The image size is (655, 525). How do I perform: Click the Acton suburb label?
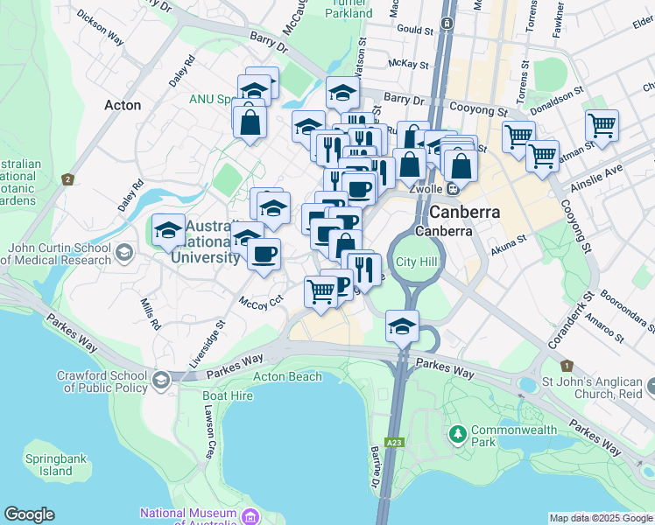(122, 105)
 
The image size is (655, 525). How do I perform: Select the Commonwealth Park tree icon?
(457, 434)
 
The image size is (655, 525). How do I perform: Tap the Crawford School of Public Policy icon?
(160, 380)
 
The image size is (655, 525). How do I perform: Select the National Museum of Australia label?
(188, 517)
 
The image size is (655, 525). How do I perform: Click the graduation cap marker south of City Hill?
(402, 326)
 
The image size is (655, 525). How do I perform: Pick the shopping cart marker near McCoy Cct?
(320, 291)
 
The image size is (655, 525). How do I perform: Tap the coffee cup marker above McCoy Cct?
(264, 254)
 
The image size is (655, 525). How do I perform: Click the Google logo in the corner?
(29, 514)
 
